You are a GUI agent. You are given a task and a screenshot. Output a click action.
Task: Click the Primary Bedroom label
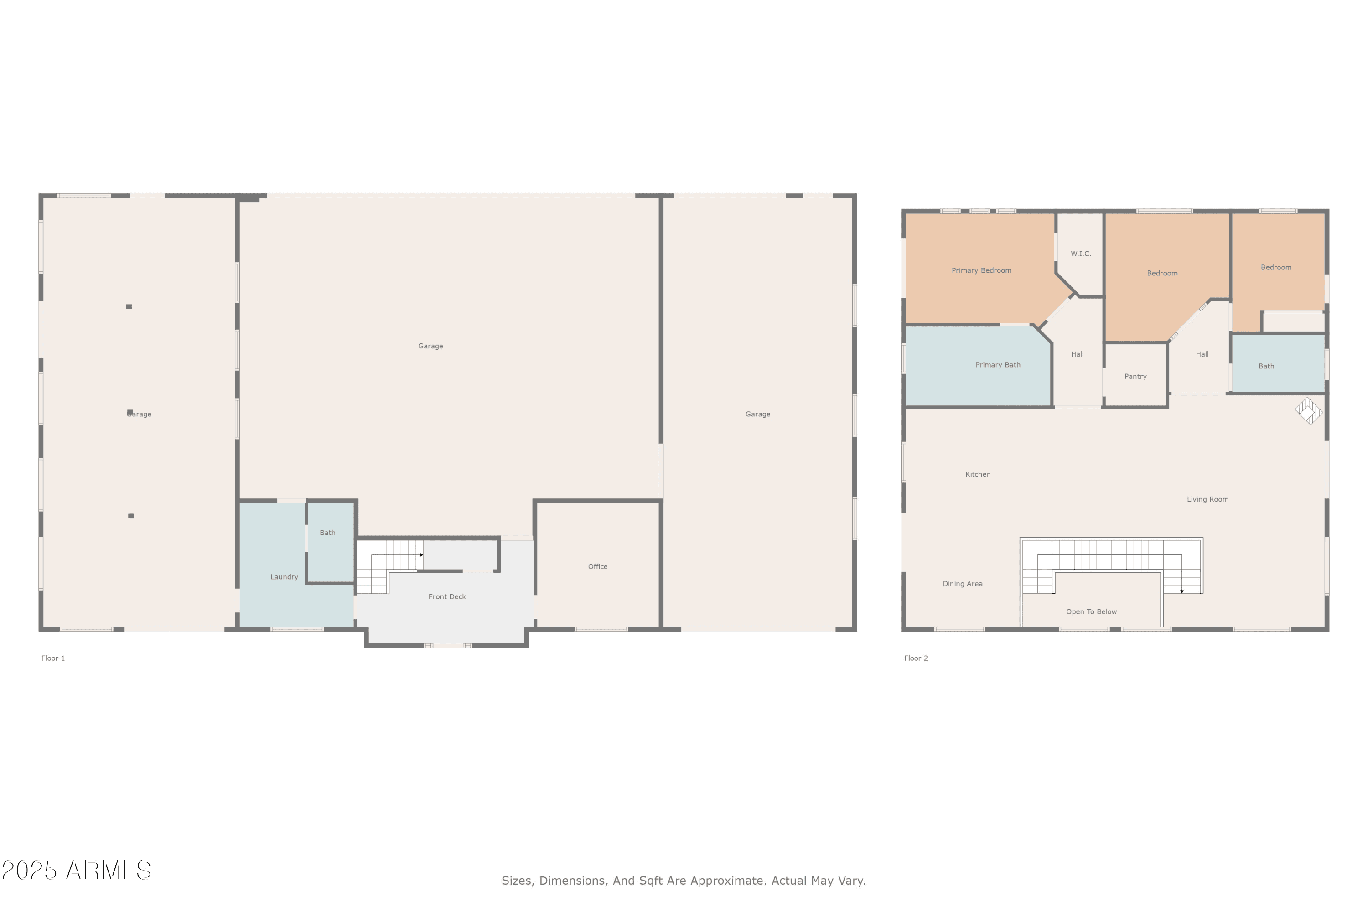[x=981, y=270]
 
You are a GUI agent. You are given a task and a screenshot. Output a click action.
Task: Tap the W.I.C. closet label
[x=1081, y=254]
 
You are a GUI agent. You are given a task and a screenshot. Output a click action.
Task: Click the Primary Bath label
[x=998, y=365]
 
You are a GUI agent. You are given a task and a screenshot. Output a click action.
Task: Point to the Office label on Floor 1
[x=597, y=566]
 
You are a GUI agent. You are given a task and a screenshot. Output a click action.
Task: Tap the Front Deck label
[x=447, y=597]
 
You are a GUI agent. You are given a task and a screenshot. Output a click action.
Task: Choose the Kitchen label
[x=978, y=475]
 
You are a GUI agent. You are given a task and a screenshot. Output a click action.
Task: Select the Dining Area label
[x=963, y=584]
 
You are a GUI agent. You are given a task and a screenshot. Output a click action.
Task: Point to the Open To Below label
[x=1091, y=612]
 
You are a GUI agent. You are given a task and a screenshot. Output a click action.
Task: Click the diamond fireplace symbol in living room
[x=1309, y=411]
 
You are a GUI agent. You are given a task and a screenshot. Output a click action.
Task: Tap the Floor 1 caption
[x=53, y=658]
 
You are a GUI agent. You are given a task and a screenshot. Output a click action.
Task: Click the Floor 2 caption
[x=916, y=658]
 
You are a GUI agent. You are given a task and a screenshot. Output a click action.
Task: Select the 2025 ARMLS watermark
[x=76, y=871]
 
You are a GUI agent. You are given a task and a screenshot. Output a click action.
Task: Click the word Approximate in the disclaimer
[x=733, y=881]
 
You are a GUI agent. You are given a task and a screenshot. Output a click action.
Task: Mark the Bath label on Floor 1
[x=327, y=533]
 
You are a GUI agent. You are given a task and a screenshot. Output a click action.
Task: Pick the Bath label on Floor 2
[x=1266, y=367]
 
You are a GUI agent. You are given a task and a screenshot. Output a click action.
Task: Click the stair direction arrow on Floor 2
[x=1182, y=591]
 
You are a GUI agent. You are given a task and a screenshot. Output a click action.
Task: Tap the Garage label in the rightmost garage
[x=758, y=414]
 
